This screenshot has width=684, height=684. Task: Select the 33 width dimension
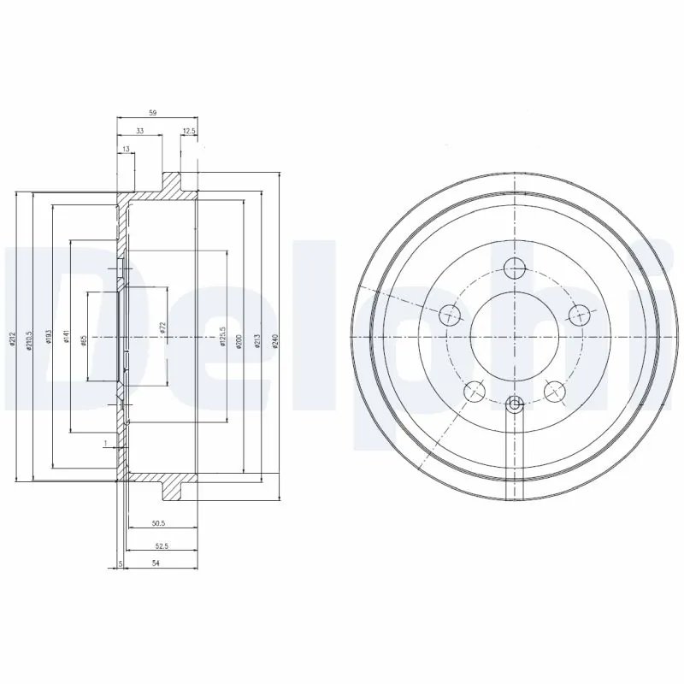tap(139, 131)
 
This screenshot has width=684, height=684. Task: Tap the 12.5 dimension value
tap(189, 131)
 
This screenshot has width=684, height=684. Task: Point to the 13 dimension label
tap(127, 150)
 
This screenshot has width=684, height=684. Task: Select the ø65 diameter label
tap(83, 339)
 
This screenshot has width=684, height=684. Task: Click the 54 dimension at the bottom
tap(156, 563)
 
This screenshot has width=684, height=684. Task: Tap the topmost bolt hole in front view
tap(514, 268)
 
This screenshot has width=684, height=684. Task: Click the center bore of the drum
tap(514, 338)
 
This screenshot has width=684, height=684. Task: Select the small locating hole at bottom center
tap(514, 404)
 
